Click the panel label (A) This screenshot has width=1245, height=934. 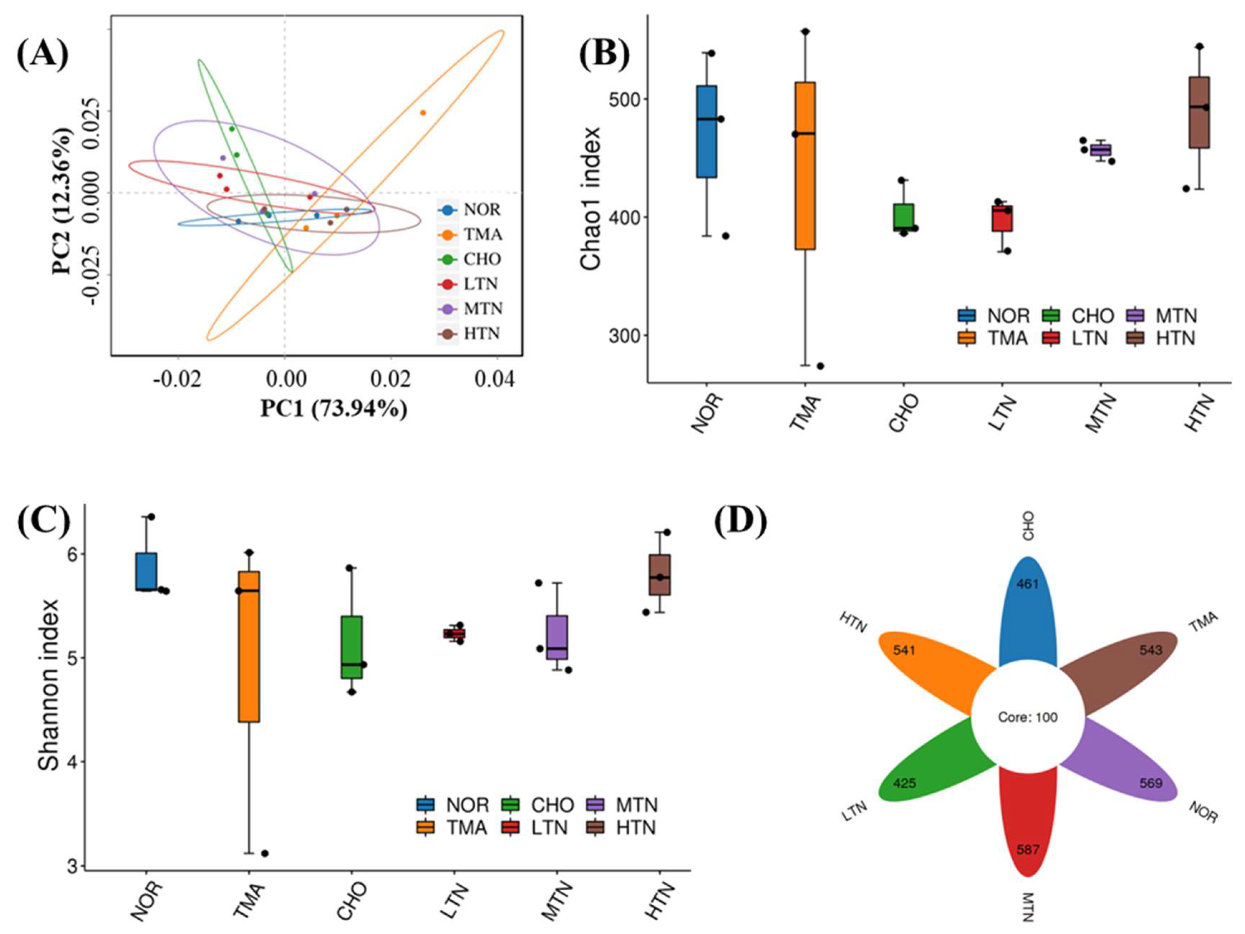pos(42,55)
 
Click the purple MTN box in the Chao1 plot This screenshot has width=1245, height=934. pos(1100,150)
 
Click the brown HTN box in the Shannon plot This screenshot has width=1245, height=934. pos(660,574)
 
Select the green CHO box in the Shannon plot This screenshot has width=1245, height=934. pos(352,647)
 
